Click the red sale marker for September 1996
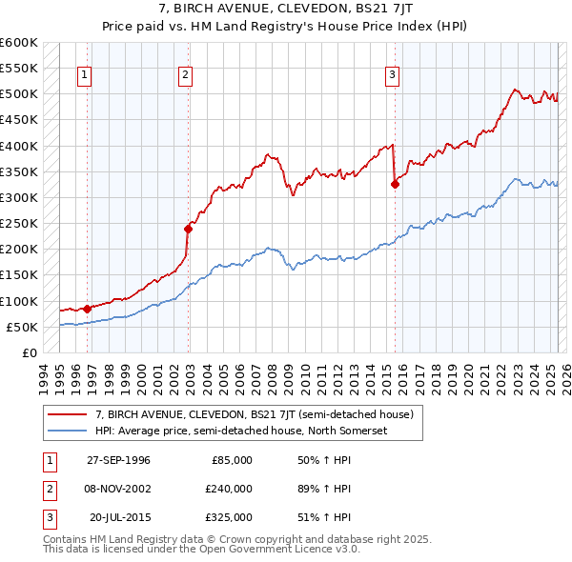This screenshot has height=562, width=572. click(x=87, y=309)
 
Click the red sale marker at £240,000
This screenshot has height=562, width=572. click(x=189, y=229)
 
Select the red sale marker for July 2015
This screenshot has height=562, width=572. click(x=395, y=185)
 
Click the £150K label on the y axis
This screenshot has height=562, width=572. click(x=19, y=275)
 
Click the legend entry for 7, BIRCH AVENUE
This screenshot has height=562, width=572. click(x=254, y=414)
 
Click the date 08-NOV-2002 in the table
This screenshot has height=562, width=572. click(x=118, y=489)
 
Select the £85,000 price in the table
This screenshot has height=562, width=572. click(x=230, y=460)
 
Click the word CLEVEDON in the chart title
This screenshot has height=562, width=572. click(x=268, y=10)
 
